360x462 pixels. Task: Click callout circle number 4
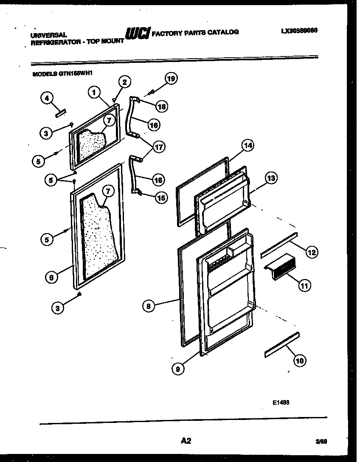47,98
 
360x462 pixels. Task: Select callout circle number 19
171,78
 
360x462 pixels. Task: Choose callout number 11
304,285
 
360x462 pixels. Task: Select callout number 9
178,369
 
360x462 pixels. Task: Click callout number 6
51,278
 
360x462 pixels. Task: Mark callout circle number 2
124,82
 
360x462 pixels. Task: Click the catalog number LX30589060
299,31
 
